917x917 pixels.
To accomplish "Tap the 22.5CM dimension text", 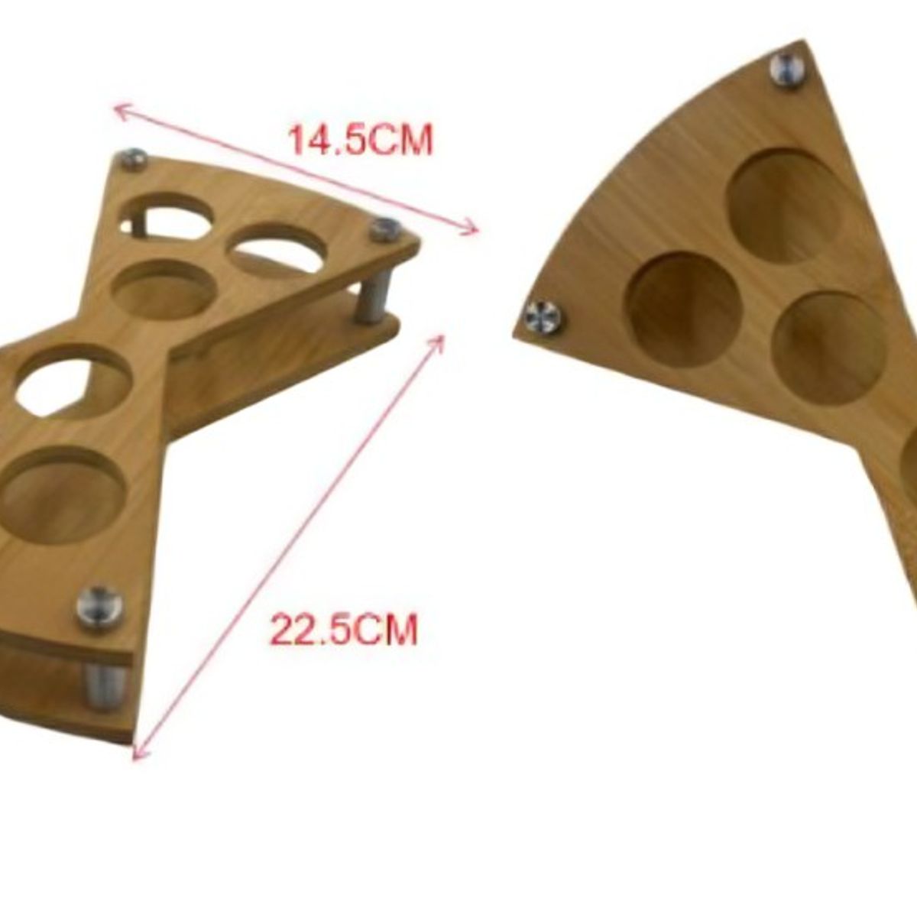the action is point(344,630).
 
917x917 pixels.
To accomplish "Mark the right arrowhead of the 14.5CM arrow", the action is point(469,228).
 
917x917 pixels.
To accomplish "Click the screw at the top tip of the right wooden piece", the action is point(789,70).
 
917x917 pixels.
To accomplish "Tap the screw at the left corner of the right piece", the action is point(543,317).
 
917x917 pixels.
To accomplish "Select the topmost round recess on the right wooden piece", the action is point(785,206).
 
